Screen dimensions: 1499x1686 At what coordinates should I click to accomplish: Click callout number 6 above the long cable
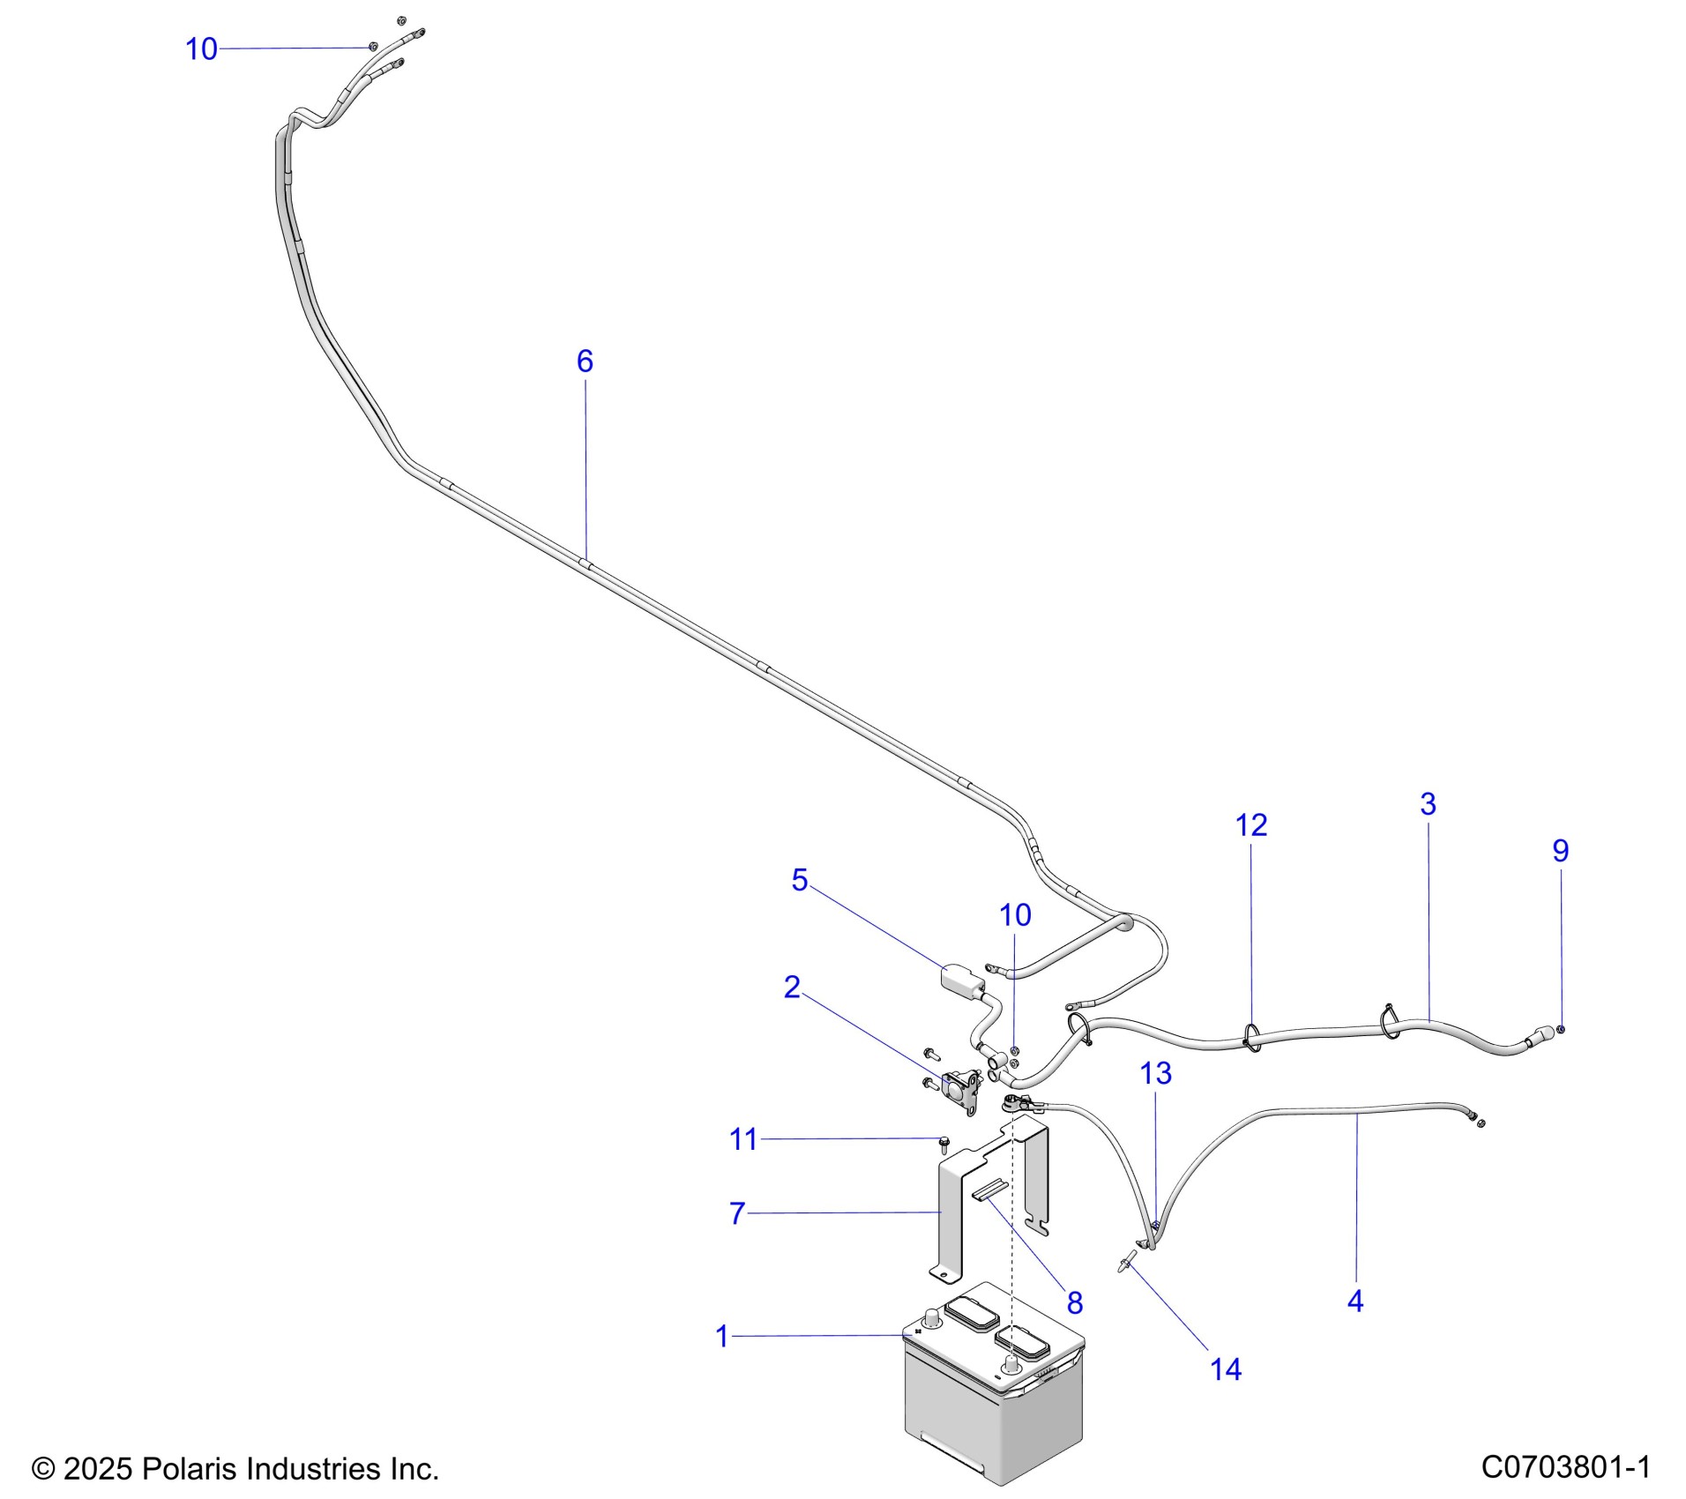click(585, 361)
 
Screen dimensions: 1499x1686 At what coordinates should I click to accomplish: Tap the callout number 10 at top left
click(201, 49)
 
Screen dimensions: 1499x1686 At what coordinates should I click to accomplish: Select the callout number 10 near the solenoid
click(1015, 915)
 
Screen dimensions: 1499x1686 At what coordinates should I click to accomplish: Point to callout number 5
click(799, 880)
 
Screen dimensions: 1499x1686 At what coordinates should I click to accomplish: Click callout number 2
click(792, 988)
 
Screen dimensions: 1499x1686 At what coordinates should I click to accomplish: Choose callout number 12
click(1251, 825)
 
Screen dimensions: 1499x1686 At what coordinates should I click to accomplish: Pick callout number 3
click(1428, 803)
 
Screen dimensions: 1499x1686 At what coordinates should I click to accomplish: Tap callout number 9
click(1560, 851)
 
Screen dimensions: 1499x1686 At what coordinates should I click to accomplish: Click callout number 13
click(1155, 1073)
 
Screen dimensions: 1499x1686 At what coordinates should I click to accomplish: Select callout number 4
click(1355, 1301)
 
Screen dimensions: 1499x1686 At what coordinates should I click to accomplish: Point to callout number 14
click(1226, 1369)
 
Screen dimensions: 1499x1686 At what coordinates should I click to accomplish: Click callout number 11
click(743, 1139)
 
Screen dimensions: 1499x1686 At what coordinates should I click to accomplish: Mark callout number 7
click(737, 1213)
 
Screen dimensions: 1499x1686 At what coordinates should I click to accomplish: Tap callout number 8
click(1074, 1302)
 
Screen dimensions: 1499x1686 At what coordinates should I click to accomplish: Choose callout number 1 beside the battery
click(722, 1337)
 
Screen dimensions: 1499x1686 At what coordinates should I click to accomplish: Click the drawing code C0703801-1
click(1565, 1467)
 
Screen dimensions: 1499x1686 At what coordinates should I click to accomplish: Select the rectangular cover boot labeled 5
click(962, 979)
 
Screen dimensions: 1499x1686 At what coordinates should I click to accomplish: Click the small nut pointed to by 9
click(1561, 1029)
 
